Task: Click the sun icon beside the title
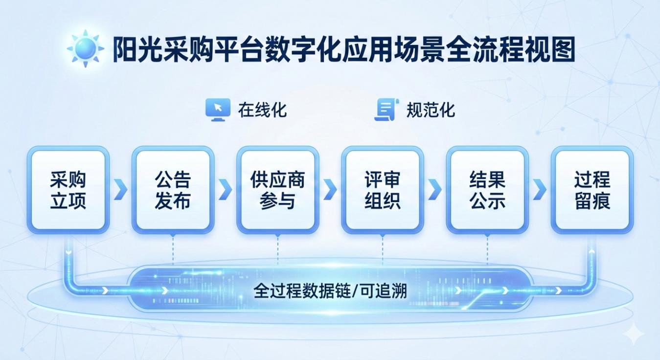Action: coord(86,48)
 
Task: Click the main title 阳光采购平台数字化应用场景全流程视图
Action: coord(344,49)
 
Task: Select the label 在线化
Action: coord(262,110)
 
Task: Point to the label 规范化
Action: coord(431,110)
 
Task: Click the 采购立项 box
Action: coord(68,190)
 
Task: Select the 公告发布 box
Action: coord(173,190)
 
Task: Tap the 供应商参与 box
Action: coord(278,190)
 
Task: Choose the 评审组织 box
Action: coord(383,190)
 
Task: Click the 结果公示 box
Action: coord(487,190)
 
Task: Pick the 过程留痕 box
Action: coord(592,190)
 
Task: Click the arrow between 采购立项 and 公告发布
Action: coord(121,189)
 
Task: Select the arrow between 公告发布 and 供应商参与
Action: coord(226,189)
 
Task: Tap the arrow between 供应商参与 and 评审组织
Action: coord(330,189)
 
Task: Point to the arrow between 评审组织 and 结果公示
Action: coord(435,189)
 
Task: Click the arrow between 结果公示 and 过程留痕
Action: coord(540,189)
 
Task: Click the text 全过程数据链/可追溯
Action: coord(330,291)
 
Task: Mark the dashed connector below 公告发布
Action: coord(173,250)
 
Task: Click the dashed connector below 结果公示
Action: coord(487,250)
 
